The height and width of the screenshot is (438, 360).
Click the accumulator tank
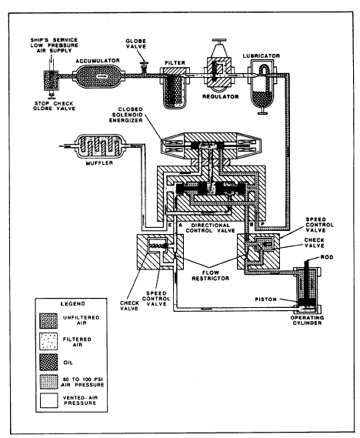(x=98, y=76)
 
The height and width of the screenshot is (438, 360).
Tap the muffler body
(x=100, y=145)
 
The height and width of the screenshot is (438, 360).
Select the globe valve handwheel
(x=145, y=63)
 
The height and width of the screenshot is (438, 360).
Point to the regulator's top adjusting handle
(x=218, y=41)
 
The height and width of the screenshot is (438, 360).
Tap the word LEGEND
(x=73, y=304)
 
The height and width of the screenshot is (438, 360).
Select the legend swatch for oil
(x=48, y=363)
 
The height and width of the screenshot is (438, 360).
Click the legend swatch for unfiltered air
(x=48, y=321)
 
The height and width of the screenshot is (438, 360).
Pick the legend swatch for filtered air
(x=48, y=341)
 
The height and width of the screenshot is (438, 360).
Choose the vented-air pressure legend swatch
(x=48, y=400)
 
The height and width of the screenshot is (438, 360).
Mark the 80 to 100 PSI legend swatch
(x=48, y=382)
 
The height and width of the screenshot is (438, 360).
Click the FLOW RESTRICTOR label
(x=210, y=276)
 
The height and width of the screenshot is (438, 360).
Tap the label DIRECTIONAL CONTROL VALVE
(x=211, y=228)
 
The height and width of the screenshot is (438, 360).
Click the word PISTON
(x=265, y=299)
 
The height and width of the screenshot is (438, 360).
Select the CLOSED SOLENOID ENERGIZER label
(x=126, y=115)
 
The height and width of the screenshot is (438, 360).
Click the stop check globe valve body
(x=51, y=81)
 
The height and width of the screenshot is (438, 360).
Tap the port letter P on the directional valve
(x=262, y=224)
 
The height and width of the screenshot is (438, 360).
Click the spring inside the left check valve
(x=157, y=246)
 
